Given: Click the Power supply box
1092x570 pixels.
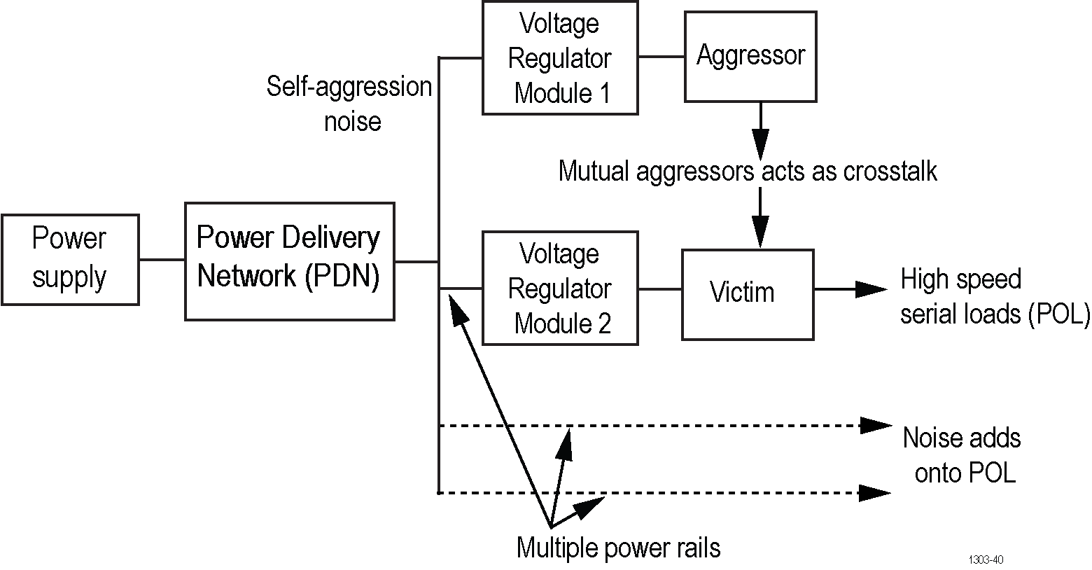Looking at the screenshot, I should click(70, 260).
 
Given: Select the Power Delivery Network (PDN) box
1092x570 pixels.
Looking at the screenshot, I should click(289, 261).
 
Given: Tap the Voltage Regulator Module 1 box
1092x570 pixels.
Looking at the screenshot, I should click(560, 57).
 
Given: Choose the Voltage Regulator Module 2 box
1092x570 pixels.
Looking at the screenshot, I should click(560, 289).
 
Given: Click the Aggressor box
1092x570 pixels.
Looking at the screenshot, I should click(750, 56).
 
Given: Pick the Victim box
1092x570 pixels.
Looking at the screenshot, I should click(748, 294).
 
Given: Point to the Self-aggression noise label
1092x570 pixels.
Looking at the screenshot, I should click(350, 104).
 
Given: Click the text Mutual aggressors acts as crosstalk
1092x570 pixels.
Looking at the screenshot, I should click(748, 171).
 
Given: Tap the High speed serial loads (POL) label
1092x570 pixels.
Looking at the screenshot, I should click(994, 296).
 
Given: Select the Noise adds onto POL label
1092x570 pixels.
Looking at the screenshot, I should click(962, 455).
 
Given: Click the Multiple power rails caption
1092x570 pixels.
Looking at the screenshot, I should click(618, 547).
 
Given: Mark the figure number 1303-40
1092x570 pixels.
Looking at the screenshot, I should click(986, 559).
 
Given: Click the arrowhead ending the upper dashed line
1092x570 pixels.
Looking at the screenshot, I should click(875, 425).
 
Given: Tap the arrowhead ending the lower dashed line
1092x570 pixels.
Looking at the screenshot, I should click(875, 493).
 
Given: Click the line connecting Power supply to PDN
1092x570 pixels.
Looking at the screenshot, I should click(162, 260).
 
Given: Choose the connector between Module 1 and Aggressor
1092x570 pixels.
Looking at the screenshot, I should click(661, 57).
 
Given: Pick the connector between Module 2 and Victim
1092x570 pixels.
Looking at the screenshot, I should click(660, 288).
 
